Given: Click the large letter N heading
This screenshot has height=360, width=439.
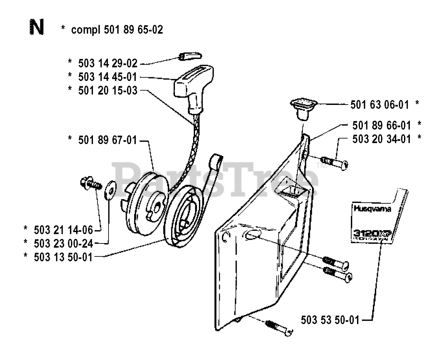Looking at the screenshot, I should tap(37, 28).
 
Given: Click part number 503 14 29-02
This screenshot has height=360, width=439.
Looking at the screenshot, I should tap(108, 63).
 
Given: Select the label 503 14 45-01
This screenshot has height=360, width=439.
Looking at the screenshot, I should tap(108, 77).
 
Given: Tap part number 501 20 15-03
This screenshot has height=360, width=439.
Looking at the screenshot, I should tap(108, 91).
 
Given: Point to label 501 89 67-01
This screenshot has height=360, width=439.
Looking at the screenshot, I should tap(108, 140).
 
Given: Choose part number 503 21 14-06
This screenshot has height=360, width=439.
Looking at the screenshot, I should tap(63, 230).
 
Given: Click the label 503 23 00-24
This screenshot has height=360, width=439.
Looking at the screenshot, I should tap(63, 243).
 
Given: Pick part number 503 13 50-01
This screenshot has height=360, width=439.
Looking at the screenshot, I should tap(63, 257).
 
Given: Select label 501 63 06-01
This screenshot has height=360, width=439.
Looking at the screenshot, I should tap(380, 105).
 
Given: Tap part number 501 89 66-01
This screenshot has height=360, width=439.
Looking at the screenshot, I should tap(381, 125).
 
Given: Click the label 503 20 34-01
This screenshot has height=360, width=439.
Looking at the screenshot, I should tap(381, 139).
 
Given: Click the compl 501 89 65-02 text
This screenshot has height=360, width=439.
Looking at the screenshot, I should tap(117, 30).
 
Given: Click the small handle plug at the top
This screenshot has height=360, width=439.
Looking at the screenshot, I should tap(191, 56).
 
